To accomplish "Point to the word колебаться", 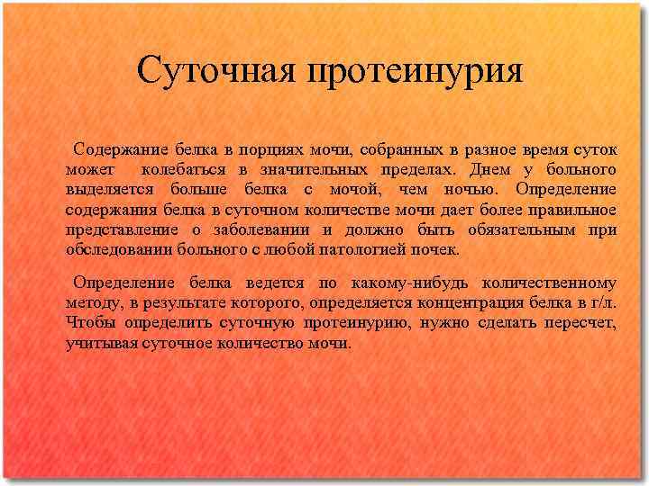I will [x=185, y=169].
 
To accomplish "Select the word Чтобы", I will [x=88, y=322].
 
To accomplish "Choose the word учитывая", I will [x=101, y=343].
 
